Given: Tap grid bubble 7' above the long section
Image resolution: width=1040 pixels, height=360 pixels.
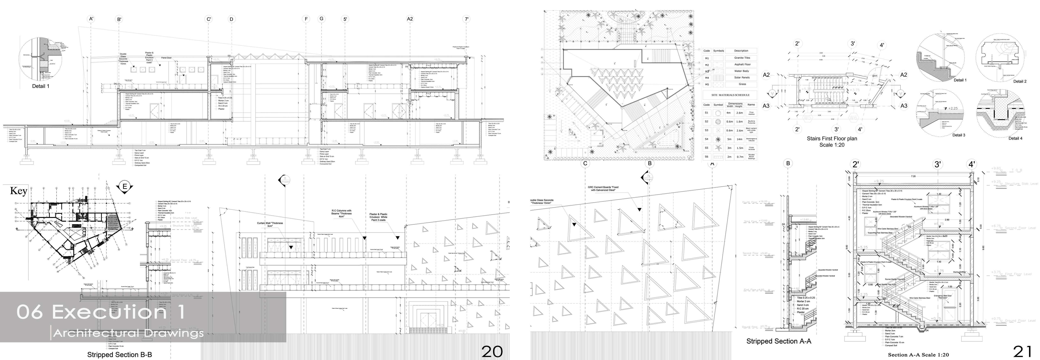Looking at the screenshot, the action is pyautogui.click(x=467, y=19).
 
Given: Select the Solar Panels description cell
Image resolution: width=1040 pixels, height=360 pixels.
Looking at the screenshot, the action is pyautogui.click(x=742, y=77).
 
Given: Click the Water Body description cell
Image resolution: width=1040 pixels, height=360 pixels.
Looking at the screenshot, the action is pyautogui.click(x=742, y=71).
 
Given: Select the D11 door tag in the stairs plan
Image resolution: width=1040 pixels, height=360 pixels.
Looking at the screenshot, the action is pyautogui.click(x=875, y=76).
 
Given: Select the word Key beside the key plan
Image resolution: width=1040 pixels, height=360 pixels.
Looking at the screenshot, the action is pyautogui.click(x=18, y=191).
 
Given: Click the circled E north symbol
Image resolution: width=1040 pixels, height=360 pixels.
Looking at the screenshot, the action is pyautogui.click(x=125, y=186).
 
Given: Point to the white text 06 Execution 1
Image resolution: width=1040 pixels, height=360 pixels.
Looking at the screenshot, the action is pyautogui.click(x=101, y=312).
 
